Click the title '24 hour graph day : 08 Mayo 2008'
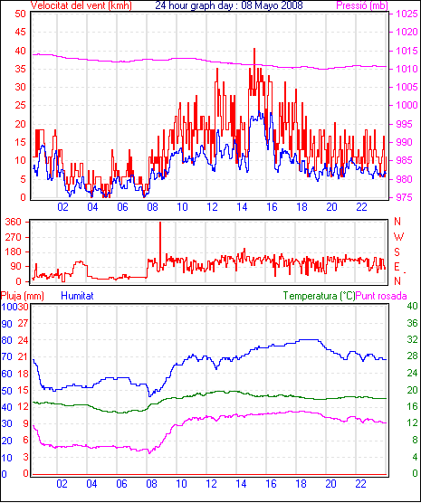pos(229,5)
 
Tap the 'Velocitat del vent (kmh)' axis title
pos(81,5)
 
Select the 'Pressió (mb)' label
pos(362,5)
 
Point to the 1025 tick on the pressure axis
pos(407,14)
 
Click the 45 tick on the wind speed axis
pos(20,32)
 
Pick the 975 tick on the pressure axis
pos(407,197)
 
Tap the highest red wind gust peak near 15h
pos(254,49)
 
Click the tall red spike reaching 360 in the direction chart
pos(160,223)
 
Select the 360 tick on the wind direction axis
pos(14,222)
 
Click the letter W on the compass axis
pos(398,237)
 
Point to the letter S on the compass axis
pos(397,252)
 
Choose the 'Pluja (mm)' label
pos(22,296)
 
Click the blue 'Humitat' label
pos(77,296)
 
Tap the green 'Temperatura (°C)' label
pos(320,296)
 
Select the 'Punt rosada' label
pos(381,296)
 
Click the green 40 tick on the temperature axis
pos(412,306)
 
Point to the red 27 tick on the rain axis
pos(24,323)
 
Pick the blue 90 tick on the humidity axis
pos(6,324)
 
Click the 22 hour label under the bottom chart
pos(360,483)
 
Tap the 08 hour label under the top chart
pos(152,207)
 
